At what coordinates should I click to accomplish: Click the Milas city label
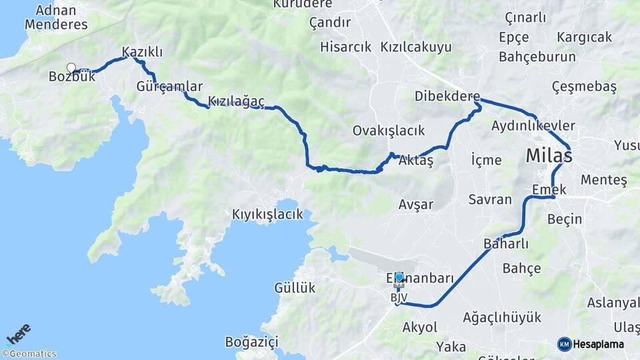pos(549,156)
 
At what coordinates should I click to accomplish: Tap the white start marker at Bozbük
pos(71,67)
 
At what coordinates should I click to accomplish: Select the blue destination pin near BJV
pos(399,278)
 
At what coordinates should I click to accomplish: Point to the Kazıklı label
pos(142,51)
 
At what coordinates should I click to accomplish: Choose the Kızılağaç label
pos(236,101)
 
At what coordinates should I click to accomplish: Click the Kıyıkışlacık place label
pos(267,214)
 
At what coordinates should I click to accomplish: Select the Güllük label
pos(295,288)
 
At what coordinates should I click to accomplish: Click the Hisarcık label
pos(345,47)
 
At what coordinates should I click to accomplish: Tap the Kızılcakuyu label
pos(416,47)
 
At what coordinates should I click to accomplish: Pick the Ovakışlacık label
pos(389,131)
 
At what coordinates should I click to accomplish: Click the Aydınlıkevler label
pos(533,125)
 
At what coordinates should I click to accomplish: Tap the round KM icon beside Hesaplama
pos(564,344)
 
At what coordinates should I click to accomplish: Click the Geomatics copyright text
pos(29,354)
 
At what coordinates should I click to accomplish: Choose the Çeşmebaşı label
pos(584,87)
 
